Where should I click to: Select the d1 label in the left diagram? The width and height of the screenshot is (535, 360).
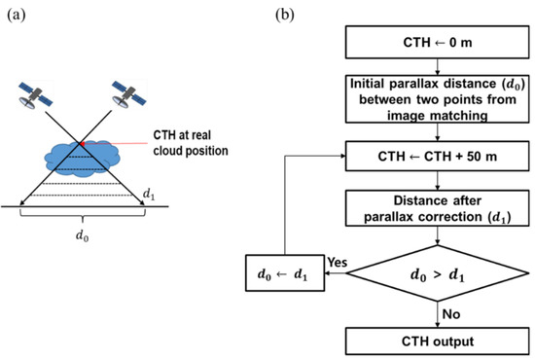148,195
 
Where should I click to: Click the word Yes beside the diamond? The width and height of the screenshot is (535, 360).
338,261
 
